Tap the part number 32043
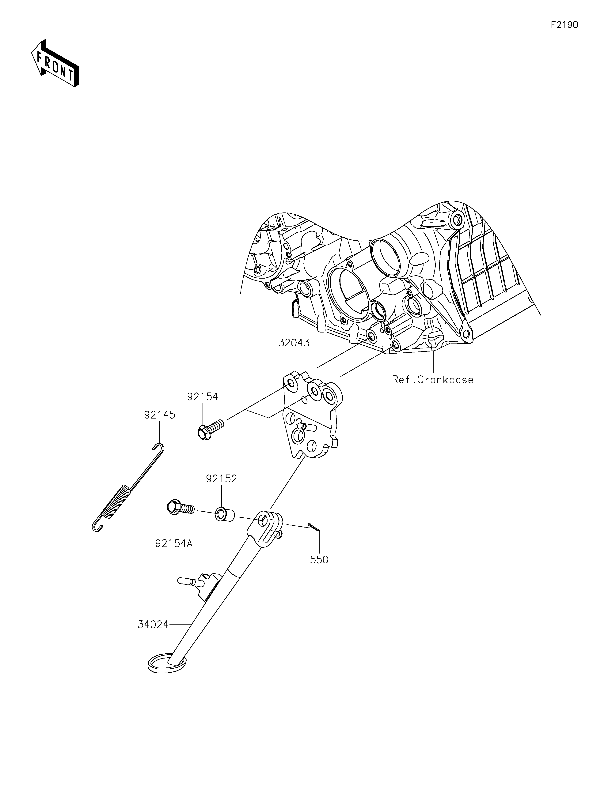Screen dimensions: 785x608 tap(294, 343)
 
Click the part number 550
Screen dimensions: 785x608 tap(319, 560)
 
